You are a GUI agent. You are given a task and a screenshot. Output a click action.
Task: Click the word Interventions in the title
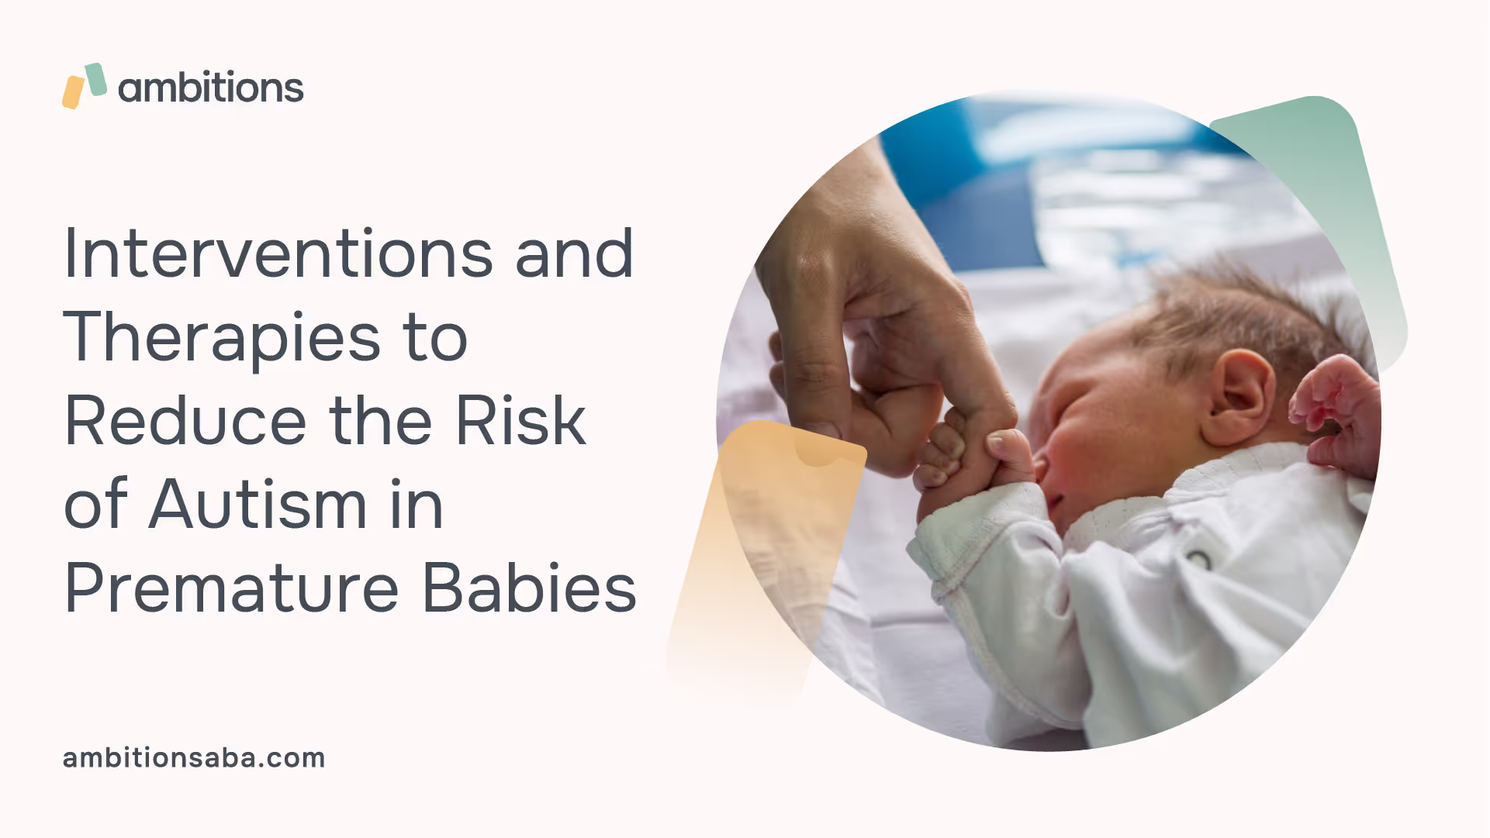coord(278,253)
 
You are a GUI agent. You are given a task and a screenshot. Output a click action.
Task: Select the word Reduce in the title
coord(185,420)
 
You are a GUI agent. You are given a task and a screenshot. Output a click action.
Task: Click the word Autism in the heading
coord(258,504)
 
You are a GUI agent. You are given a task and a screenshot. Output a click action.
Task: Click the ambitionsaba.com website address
coord(194,757)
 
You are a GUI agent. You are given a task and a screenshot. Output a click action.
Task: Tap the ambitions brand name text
coord(210,87)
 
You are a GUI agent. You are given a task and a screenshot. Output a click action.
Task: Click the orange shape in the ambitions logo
coord(73,92)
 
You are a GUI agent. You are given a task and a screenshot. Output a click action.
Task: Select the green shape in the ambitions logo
coord(95,80)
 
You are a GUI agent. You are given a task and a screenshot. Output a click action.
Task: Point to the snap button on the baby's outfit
coord(1198,559)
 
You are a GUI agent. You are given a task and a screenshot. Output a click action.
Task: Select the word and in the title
coord(574,253)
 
